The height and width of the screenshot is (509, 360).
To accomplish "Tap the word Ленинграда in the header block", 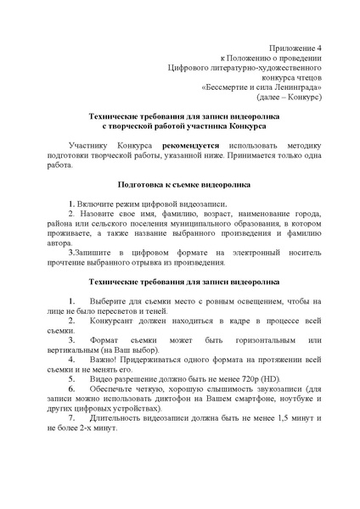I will [x=297, y=87].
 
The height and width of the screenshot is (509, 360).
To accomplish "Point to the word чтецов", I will [x=303, y=74].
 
